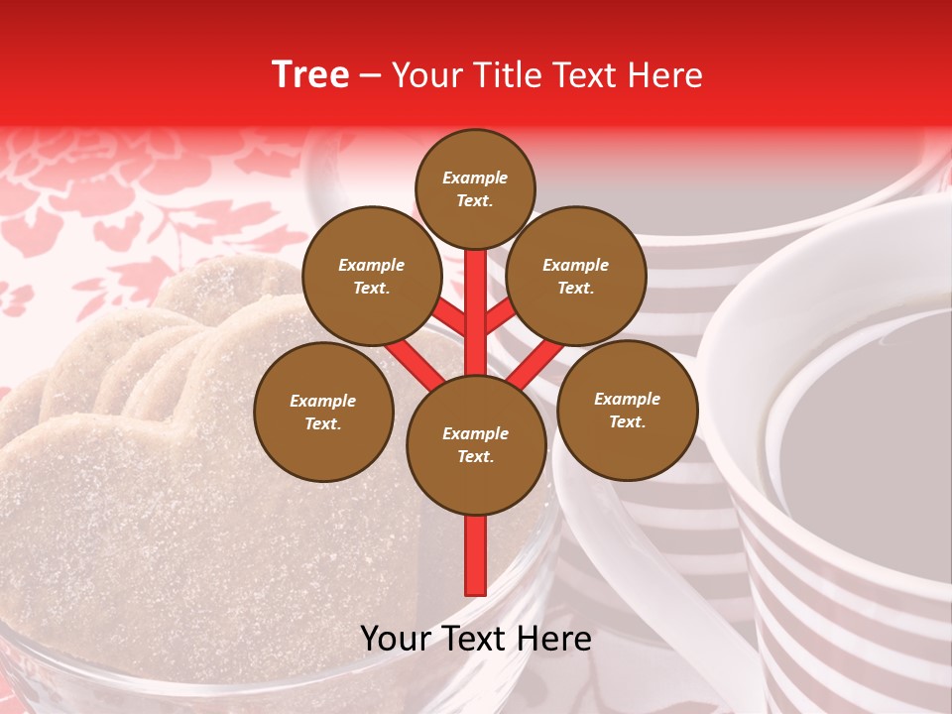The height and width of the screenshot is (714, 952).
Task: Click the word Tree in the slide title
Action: coord(310,74)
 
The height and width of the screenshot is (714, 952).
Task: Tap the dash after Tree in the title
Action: coord(370,76)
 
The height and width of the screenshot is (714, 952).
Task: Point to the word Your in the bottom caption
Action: coord(397,639)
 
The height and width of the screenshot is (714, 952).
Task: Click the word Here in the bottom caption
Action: coord(553,639)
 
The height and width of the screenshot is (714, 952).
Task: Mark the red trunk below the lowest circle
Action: coord(476,555)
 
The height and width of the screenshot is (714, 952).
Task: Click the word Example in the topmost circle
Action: coord(475,178)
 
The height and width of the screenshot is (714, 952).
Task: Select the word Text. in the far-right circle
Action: coord(627,421)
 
